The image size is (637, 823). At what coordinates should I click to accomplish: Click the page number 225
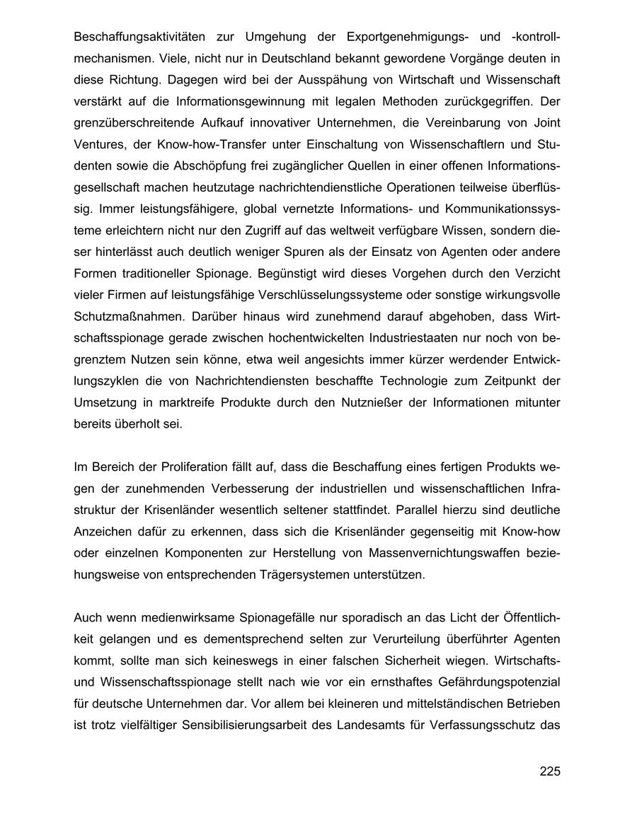pyautogui.click(x=549, y=771)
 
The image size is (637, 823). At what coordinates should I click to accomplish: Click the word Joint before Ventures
pyautogui.click(x=546, y=123)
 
